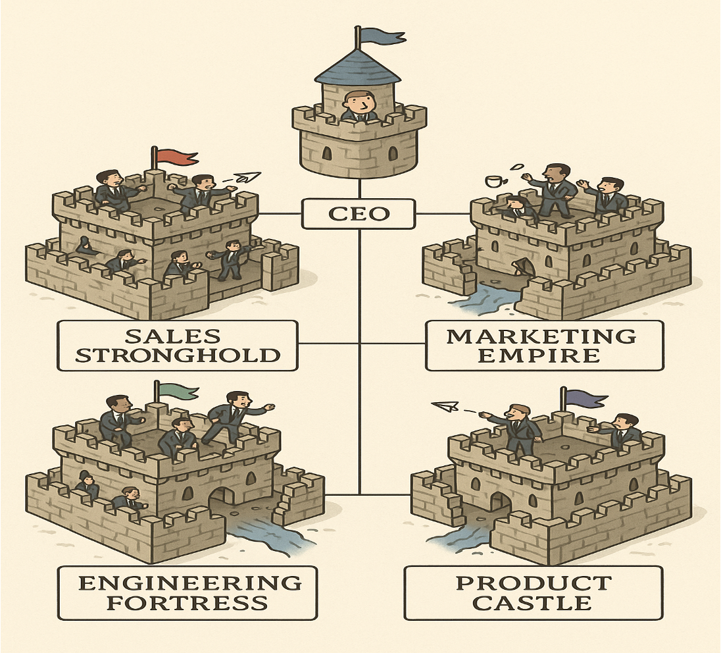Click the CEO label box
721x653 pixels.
(x=359, y=215)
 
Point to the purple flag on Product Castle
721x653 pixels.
(x=585, y=398)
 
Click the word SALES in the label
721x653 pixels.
(x=172, y=336)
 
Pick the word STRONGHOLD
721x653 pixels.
(x=177, y=356)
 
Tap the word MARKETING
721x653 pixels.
(x=541, y=336)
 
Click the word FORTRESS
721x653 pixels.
(x=187, y=602)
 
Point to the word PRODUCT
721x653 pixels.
(x=533, y=582)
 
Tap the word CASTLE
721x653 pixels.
(x=533, y=602)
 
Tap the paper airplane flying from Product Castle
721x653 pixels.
(x=447, y=407)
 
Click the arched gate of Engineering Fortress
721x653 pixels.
(x=222, y=504)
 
